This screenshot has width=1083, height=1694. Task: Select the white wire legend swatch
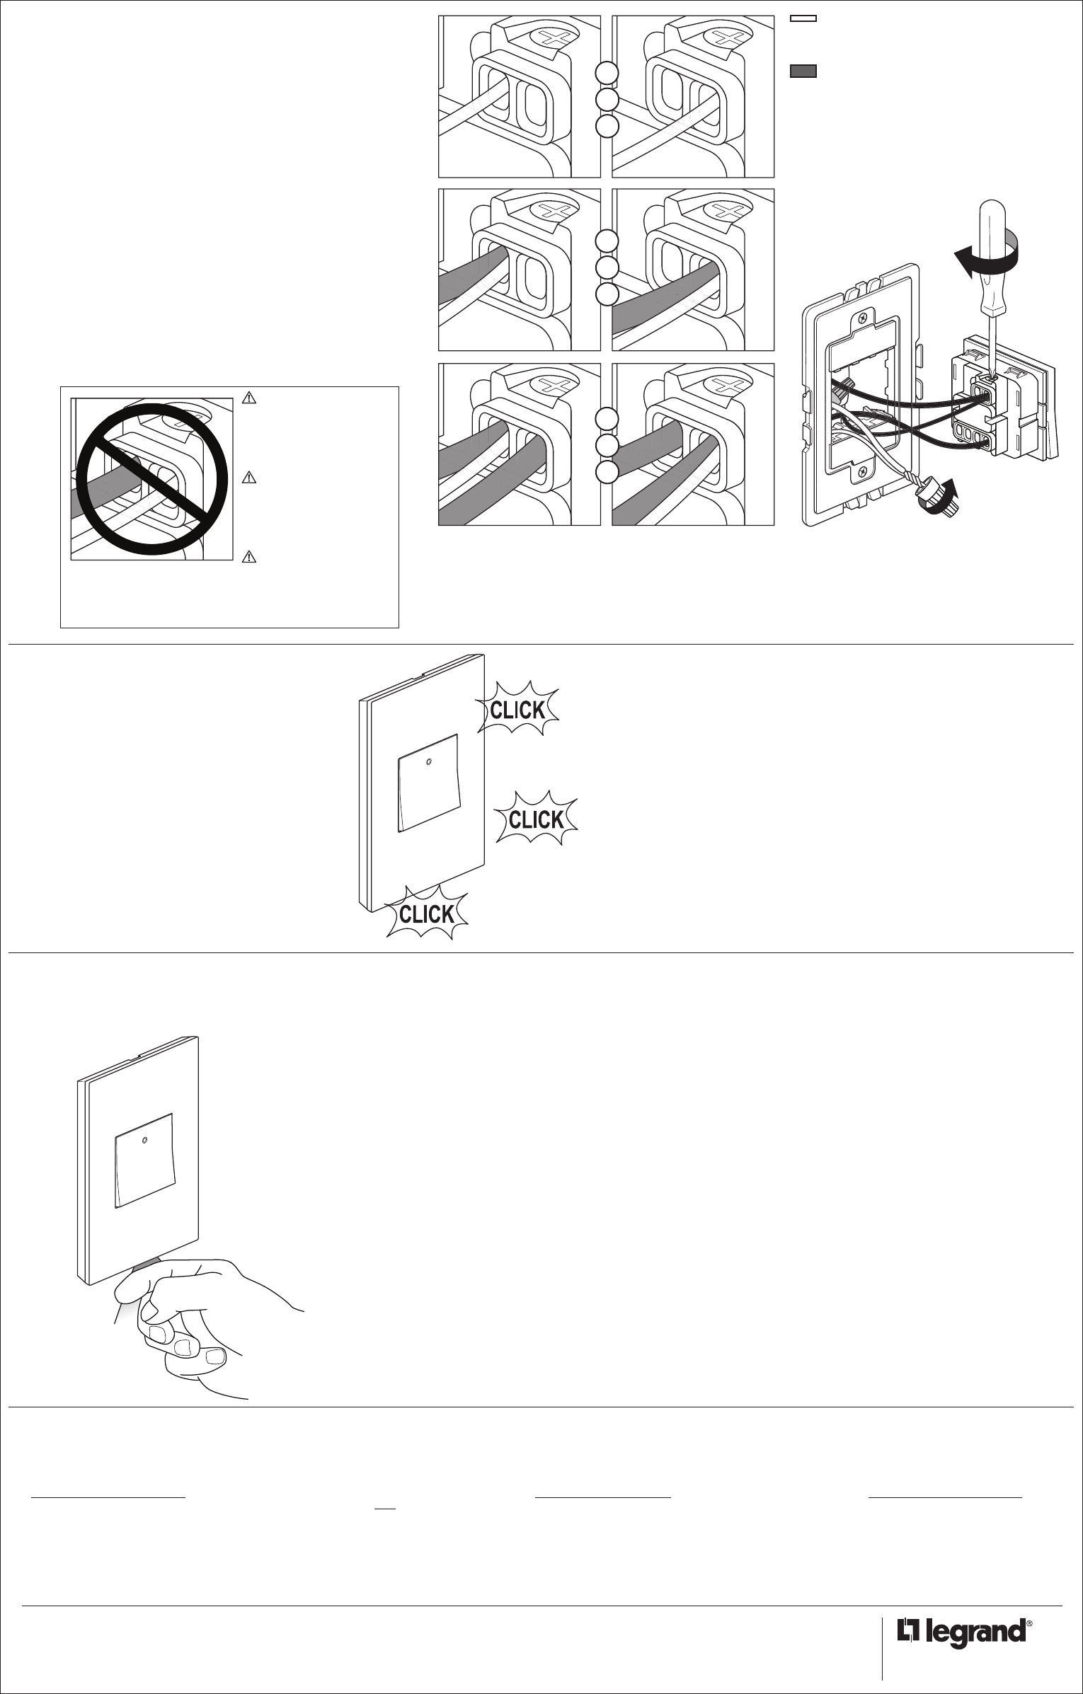(x=803, y=18)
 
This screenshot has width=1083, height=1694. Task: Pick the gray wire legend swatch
(x=803, y=71)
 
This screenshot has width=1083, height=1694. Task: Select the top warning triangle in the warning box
(x=248, y=398)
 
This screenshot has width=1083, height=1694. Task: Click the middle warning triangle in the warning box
(x=248, y=478)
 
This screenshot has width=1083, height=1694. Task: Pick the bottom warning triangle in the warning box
(x=248, y=558)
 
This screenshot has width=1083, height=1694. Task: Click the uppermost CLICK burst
(x=518, y=709)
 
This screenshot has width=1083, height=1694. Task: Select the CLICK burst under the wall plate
(x=426, y=914)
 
